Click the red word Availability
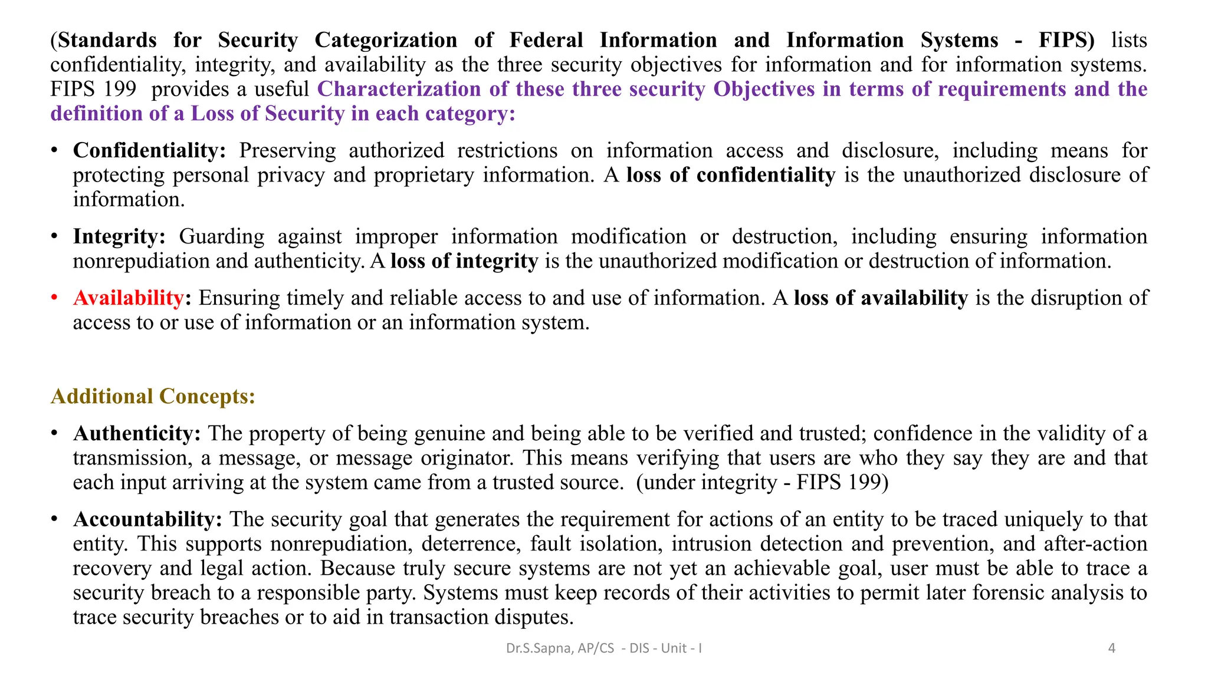coord(128,298)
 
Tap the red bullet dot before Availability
coord(54,298)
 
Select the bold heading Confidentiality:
coord(149,151)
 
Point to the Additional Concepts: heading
coord(153,397)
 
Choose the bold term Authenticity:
coord(137,434)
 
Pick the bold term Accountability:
coord(147,520)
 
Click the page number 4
coord(1112,648)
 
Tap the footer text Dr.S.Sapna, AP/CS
coord(560,648)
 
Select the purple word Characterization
coord(399,90)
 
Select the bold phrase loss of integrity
coord(464,261)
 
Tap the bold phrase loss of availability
coord(881,298)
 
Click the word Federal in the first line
coord(546,41)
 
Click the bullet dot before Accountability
coord(54,519)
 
